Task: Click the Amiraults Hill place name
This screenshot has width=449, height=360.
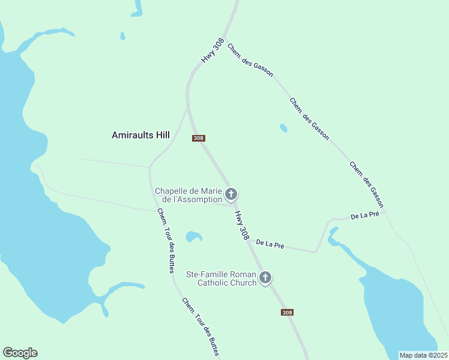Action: coord(141,136)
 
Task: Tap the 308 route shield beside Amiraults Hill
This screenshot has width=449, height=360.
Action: coord(199,138)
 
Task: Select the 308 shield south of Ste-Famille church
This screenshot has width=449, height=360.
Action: coord(287,312)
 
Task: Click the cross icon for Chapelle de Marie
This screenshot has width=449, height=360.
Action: coord(231,194)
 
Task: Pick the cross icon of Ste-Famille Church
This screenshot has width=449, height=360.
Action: coord(265,278)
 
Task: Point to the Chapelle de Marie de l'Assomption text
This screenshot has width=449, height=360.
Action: coord(188,195)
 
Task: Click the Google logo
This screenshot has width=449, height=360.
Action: coord(20,353)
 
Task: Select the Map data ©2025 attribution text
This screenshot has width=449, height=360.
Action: coord(423,355)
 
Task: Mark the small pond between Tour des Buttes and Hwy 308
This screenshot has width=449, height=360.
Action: coord(193,236)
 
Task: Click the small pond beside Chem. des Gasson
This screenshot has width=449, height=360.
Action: coord(283,128)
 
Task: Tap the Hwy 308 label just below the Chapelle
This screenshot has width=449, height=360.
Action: coord(241,225)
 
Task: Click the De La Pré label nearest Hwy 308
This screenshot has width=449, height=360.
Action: coord(270,245)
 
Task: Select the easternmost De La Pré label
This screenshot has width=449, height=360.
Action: coord(364,215)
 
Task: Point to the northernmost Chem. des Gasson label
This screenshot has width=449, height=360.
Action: coord(250,60)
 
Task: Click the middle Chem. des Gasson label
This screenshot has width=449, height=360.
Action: coord(309,119)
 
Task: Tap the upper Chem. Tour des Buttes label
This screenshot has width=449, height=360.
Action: coord(165,241)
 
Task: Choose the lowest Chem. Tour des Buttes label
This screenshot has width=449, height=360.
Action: coord(200,327)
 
